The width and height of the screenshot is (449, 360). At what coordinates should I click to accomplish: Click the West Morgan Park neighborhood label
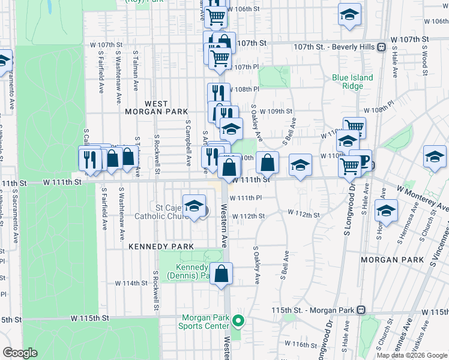click(156, 108)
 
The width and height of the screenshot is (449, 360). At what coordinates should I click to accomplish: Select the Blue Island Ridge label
click(353, 82)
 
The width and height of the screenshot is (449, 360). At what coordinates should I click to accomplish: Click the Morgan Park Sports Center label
click(203, 322)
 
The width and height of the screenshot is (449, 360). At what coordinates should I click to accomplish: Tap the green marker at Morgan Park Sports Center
click(238, 321)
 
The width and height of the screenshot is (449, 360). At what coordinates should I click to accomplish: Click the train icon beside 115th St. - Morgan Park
click(361, 310)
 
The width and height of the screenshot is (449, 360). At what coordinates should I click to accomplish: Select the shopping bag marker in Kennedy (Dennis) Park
click(221, 274)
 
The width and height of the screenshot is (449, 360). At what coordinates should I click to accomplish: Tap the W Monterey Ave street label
click(423, 197)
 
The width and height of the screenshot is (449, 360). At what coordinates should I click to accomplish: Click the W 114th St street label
click(131, 283)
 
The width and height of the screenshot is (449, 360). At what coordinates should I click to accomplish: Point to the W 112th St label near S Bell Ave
click(303, 213)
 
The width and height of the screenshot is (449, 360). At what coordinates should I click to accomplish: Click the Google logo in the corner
click(20, 353)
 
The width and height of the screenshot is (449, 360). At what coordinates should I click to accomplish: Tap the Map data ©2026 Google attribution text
click(412, 355)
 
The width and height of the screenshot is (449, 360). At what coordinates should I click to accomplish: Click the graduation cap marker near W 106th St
click(349, 14)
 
